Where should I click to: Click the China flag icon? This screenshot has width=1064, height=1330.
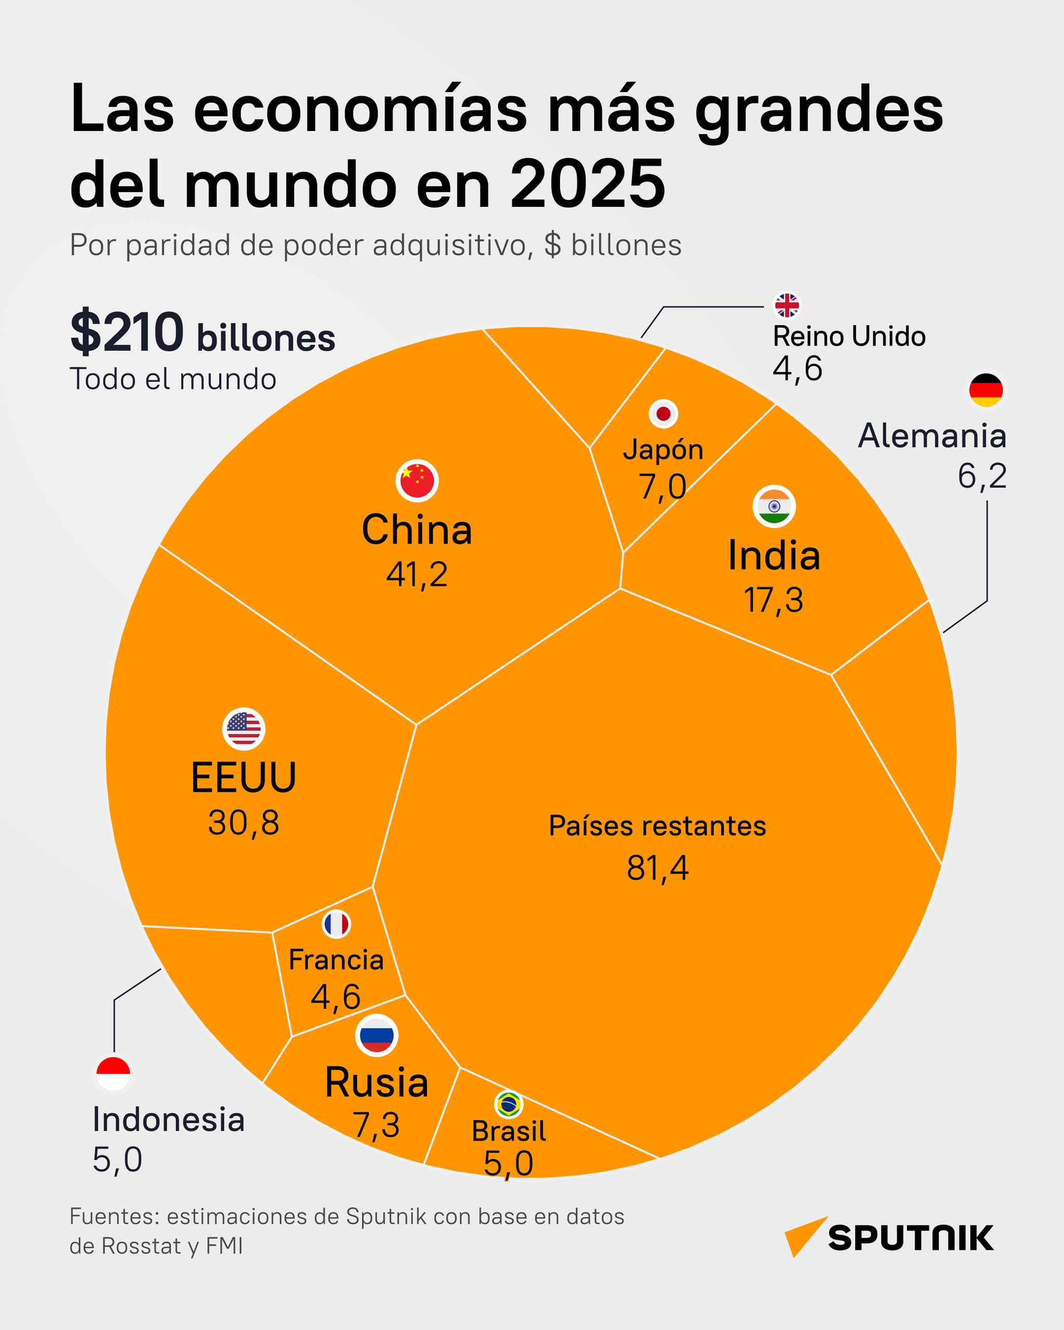click(x=417, y=481)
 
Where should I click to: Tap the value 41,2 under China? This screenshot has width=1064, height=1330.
click(x=417, y=574)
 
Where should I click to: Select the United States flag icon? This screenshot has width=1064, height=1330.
click(x=244, y=728)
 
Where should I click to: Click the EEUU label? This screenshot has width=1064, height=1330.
click(x=244, y=777)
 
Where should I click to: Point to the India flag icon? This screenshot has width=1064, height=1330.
click(x=774, y=506)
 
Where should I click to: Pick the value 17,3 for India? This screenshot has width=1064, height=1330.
click(x=774, y=600)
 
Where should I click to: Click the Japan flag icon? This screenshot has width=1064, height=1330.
click(x=663, y=414)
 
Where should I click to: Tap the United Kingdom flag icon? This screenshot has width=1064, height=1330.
click(x=787, y=305)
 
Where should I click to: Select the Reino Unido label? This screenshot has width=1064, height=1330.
click(x=849, y=337)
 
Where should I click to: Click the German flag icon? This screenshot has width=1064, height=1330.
click(x=986, y=390)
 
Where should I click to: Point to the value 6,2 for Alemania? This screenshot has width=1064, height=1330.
click(x=982, y=476)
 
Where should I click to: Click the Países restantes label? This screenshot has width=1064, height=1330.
click(x=658, y=826)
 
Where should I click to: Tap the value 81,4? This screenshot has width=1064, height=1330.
click(x=658, y=868)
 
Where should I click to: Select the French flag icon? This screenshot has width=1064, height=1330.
click(x=336, y=924)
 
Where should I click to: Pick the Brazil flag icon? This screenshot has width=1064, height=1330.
click(x=509, y=1104)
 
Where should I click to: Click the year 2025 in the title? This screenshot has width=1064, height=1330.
click(x=588, y=184)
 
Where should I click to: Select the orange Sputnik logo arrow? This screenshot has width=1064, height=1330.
click(x=801, y=1235)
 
